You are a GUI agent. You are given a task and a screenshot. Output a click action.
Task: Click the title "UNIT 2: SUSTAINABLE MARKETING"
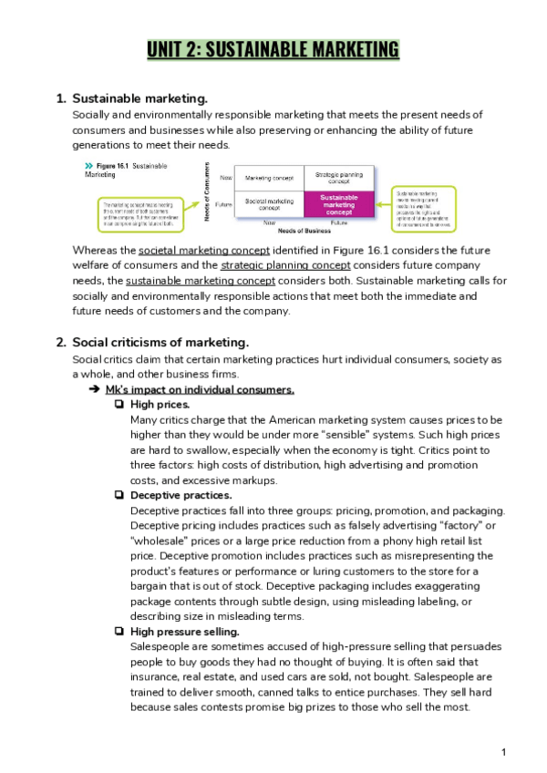coord(273,49)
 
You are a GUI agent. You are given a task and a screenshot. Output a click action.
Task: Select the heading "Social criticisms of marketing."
coord(160,342)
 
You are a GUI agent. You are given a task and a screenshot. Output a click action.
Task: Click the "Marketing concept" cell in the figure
coord(269,178)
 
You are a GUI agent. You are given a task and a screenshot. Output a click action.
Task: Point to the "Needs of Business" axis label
coord(304,230)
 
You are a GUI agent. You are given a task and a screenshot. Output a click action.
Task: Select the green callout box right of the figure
coord(424,208)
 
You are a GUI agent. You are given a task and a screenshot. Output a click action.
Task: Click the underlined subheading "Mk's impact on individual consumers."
coord(200,389)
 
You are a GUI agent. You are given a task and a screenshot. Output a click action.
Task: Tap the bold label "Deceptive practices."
coord(169,495)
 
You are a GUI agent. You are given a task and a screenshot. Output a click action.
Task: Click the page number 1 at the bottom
coord(503,752)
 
